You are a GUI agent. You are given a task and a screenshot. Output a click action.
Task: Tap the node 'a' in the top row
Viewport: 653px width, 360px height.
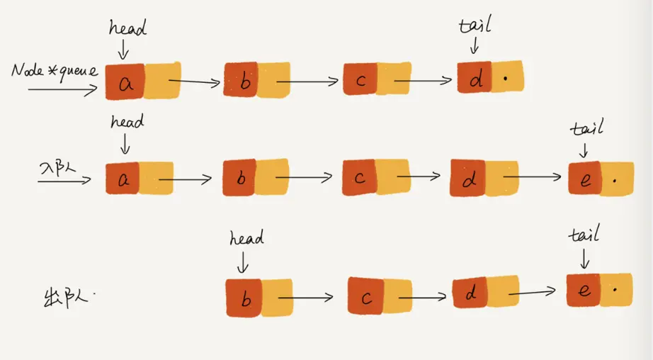(125, 82)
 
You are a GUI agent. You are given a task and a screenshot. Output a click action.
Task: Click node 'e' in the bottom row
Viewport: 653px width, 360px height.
(584, 289)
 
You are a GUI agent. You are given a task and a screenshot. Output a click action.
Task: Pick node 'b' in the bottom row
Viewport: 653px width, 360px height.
(244, 298)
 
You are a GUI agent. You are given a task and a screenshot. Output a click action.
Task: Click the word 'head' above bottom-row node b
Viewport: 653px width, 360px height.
(245, 239)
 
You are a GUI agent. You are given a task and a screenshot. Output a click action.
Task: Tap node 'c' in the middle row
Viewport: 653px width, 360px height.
(359, 177)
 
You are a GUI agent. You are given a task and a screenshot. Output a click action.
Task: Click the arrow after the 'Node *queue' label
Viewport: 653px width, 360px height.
(62, 91)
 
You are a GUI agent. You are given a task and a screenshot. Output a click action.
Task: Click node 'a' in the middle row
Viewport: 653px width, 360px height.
(123, 179)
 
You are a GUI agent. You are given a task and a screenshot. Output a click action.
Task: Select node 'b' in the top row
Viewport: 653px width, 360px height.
(243, 81)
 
